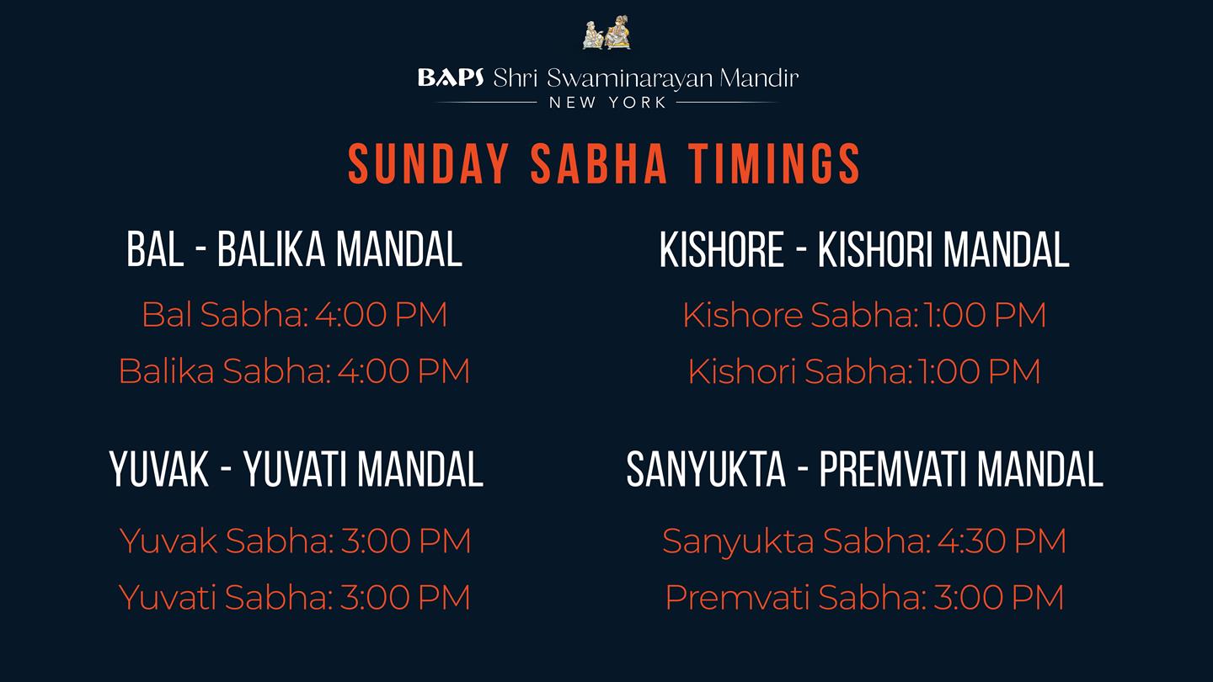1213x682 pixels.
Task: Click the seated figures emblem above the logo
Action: click(x=606, y=33)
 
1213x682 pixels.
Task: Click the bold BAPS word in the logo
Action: click(x=451, y=78)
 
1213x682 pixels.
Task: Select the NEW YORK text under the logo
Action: click(x=607, y=103)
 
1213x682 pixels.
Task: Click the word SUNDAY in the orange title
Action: click(x=428, y=163)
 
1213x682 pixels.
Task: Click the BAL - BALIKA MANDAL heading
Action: click(x=294, y=249)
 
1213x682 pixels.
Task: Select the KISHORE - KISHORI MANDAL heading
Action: click(x=864, y=249)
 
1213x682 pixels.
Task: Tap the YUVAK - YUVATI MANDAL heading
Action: click(x=296, y=469)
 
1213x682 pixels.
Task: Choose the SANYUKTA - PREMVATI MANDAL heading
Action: click(x=864, y=469)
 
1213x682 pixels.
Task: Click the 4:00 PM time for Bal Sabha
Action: click(x=382, y=315)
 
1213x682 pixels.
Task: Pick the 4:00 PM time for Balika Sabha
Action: click(x=403, y=371)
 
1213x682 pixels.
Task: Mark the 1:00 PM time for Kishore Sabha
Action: click(x=985, y=315)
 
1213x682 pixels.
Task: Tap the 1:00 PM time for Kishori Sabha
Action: click(x=979, y=371)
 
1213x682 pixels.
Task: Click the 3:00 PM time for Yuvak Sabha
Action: click(x=406, y=541)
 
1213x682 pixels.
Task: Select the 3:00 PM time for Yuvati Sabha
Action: click(x=404, y=598)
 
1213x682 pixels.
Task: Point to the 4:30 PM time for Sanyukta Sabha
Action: click(x=1002, y=541)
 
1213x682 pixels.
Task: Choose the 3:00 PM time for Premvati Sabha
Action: click(x=998, y=598)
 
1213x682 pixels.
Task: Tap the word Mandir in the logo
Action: click(x=759, y=78)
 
